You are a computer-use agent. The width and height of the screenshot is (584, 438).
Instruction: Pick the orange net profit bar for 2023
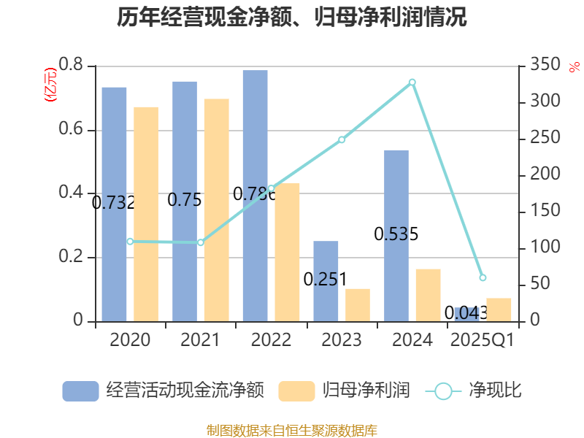point(358,304)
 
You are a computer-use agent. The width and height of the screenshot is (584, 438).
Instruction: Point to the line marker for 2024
point(412,82)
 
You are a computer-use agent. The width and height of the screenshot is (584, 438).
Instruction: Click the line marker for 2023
point(342,139)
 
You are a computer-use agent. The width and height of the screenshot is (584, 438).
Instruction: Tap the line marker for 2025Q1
point(483,277)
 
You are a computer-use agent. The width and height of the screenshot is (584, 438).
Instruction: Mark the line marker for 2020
point(130,241)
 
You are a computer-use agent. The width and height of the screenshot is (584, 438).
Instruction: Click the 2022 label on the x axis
point(271,340)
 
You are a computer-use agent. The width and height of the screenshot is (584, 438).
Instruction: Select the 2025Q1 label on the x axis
point(483,340)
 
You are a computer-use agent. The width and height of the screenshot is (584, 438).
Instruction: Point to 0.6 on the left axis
point(72,130)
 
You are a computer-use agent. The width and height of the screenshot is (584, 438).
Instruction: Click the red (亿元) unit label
point(50,86)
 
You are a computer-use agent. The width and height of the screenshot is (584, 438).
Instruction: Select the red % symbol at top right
point(574,66)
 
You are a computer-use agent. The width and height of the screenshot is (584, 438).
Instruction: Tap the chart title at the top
point(292,18)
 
